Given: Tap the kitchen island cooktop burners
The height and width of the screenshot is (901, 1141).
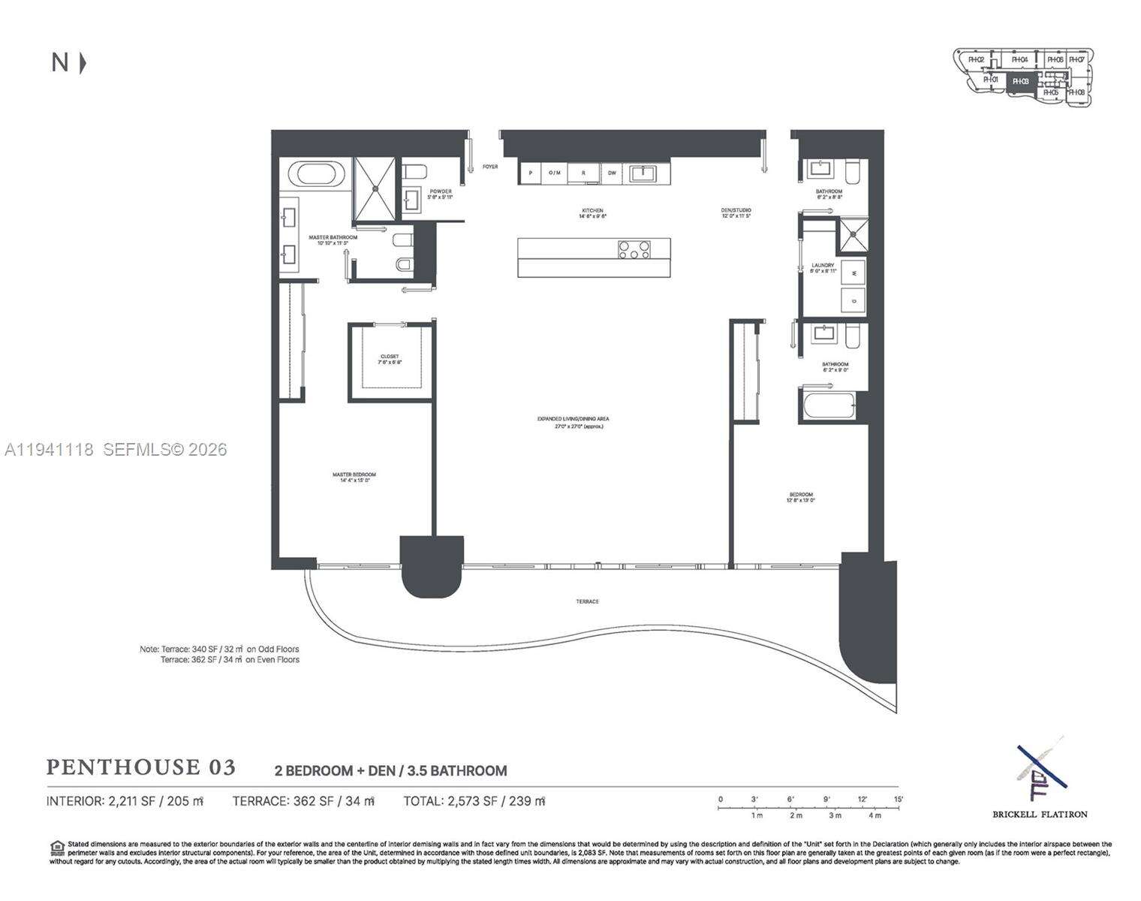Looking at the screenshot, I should (634, 249).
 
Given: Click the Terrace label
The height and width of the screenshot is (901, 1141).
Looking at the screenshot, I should (587, 601).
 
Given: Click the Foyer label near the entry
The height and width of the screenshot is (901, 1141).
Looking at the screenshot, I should (490, 167).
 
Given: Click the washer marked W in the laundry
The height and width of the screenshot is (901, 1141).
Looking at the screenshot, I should (853, 271).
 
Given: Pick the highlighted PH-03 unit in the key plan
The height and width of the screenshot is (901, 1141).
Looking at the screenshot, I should (1020, 81).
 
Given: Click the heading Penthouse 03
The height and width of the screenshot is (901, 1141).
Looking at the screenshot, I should (141, 767).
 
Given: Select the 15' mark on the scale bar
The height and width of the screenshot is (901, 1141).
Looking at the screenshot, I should (898, 799).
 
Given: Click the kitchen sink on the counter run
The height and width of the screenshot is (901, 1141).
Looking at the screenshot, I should (643, 174).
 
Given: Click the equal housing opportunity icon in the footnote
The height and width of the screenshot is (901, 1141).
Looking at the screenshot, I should (57, 848).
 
